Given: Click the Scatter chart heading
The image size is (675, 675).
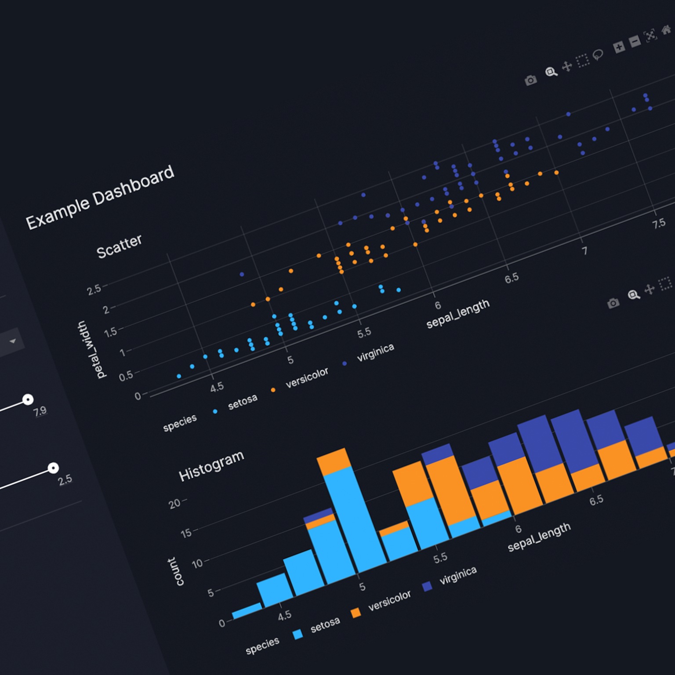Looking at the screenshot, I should tap(119, 246).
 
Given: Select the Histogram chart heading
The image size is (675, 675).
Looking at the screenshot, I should tap(211, 466).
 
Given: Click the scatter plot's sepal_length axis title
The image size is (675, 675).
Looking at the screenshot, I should tap(458, 313).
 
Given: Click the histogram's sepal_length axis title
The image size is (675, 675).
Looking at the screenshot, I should tap(539, 537).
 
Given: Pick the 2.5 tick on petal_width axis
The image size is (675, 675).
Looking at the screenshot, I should tap(94, 290).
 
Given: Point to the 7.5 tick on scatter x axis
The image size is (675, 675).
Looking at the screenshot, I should tap(658, 223).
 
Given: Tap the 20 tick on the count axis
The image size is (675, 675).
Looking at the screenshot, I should tap(174, 504).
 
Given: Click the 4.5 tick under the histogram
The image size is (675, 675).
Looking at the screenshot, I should tap(284, 616).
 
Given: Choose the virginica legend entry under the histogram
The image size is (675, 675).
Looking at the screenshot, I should tap(458, 575).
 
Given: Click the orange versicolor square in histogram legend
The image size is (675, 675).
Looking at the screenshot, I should tap(356, 612).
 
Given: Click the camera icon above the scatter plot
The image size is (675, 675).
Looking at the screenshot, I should tap(530, 80).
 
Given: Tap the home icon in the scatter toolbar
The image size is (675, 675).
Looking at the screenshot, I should tap(667, 31).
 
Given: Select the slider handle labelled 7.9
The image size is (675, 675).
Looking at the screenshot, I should tap(28, 399).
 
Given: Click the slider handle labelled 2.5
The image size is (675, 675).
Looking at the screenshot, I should tap(53, 468).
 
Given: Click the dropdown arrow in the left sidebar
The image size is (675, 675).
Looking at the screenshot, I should tap(13, 341).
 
